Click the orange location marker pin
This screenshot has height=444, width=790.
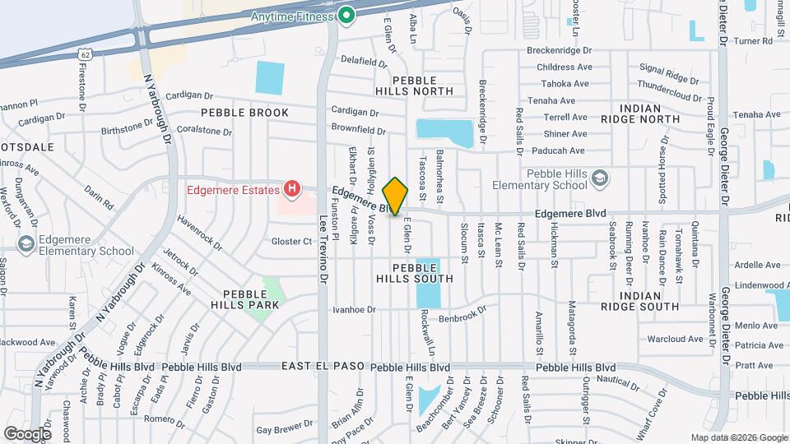coord(396,196)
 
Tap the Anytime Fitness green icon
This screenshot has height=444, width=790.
coord(347,15)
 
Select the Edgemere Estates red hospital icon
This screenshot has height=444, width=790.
coord(291,190)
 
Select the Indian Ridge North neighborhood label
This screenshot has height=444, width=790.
coord(639,113)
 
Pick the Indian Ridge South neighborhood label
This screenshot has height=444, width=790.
coord(639,301)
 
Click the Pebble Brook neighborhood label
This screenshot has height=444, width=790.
coord(246,113)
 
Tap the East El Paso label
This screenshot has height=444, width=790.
coord(321,367)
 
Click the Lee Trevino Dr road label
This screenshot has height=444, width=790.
coord(323,247)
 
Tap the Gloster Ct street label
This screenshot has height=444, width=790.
coord(291,242)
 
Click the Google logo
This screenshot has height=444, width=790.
coord(27,433)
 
